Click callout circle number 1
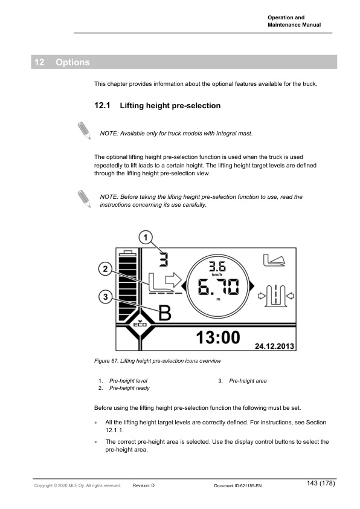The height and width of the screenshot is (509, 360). pyautogui.click(x=146, y=238)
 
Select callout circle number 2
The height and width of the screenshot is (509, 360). pyautogui.click(x=105, y=269)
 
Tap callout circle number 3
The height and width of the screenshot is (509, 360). pyautogui.click(x=105, y=297)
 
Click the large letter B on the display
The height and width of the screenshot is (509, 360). pyautogui.click(x=165, y=313)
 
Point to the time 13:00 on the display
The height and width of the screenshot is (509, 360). pyautogui.click(x=218, y=337)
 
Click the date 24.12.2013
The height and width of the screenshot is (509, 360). pyautogui.click(x=274, y=346)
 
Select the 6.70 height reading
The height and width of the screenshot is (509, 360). pyautogui.click(x=218, y=287)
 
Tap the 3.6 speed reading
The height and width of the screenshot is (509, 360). pyautogui.click(x=217, y=267)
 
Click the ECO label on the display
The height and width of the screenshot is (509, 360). pyautogui.click(x=140, y=324)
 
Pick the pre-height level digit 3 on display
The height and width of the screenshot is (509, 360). pyautogui.click(x=164, y=259)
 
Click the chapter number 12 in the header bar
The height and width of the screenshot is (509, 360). pyautogui.click(x=39, y=62)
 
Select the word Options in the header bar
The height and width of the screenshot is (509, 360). pyautogui.click(x=72, y=62)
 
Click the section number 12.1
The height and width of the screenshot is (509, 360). pyautogui.click(x=102, y=106)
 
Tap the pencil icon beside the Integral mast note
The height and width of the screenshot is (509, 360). pyautogui.click(x=85, y=131)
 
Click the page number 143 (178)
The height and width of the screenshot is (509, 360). pyautogui.click(x=321, y=483)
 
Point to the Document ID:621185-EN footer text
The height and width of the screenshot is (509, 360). pyautogui.click(x=238, y=485)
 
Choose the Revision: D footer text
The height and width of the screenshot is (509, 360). pyautogui.click(x=144, y=485)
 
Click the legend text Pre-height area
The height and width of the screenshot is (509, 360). pyautogui.click(x=248, y=381)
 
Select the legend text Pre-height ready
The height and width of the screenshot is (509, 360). pyautogui.click(x=129, y=388)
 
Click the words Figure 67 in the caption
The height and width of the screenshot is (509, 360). pyautogui.click(x=106, y=361)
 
